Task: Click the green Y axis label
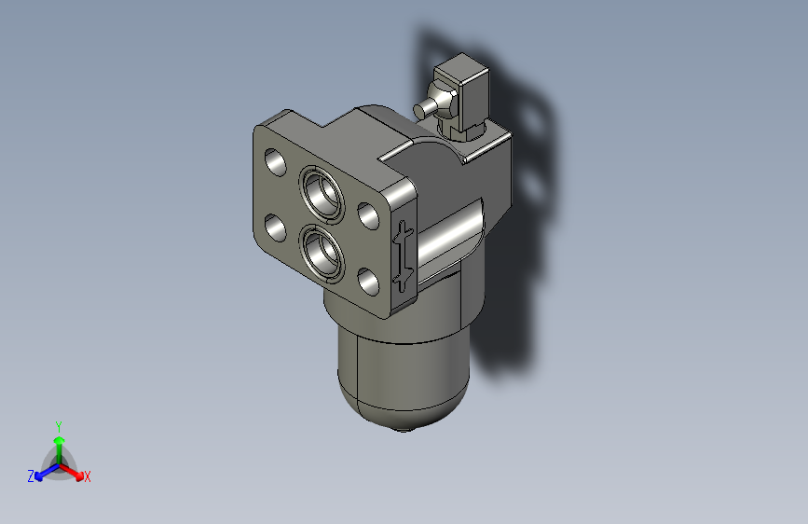pos(58,425)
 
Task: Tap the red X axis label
pos(88,477)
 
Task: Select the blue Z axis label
pos(31,476)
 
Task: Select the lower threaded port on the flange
pos(319,251)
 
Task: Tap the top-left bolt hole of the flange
pos(276,162)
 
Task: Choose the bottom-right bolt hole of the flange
pos(367,280)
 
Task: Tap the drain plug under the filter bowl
pos(403,428)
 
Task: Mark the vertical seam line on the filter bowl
pos(358,373)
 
